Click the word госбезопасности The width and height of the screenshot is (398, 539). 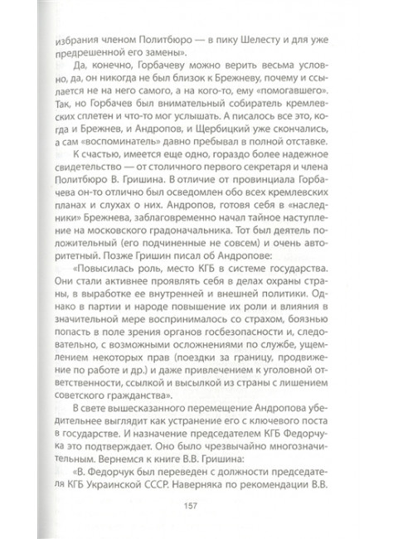pyautogui.click(x=235, y=341)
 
